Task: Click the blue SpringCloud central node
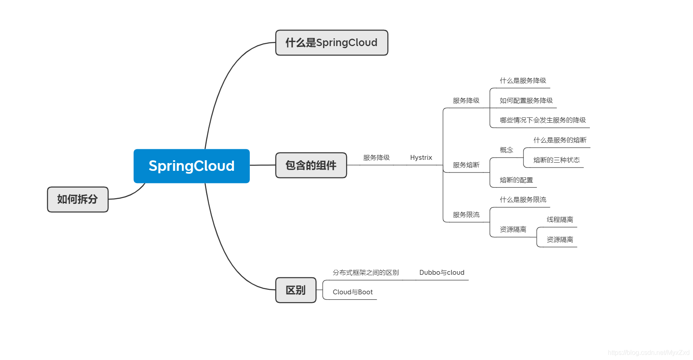[192, 166]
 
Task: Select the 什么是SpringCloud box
[331, 42]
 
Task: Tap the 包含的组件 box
[311, 165]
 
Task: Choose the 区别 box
[296, 290]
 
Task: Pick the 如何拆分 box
[77, 199]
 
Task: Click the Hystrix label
[421, 158]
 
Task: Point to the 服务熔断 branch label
[466, 165]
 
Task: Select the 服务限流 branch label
[466, 215]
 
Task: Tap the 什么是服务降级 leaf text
[523, 81]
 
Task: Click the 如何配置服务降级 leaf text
[526, 101]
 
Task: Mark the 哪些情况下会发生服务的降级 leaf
[543, 120]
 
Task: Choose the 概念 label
[506, 150]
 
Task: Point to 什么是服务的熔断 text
[560, 140]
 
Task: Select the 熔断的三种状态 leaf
[556, 160]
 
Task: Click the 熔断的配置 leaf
[516, 180]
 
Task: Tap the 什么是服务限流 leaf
[523, 200]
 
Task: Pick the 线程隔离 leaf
[560, 220]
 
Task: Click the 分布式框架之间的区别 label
[366, 273]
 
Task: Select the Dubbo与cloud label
[441, 273]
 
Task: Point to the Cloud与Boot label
[353, 292]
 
